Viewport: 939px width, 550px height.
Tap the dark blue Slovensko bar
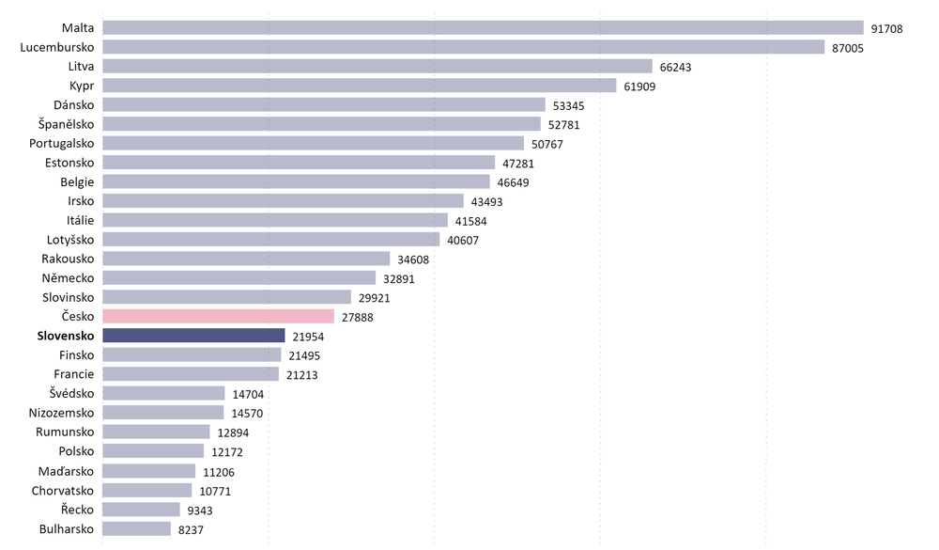click(193, 336)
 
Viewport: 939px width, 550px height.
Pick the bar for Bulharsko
click(136, 529)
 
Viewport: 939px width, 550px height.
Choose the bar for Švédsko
click(163, 394)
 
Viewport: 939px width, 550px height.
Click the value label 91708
click(886, 29)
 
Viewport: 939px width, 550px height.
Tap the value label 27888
click(357, 318)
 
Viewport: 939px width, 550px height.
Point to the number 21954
click(308, 337)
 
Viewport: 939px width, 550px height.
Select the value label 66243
click(675, 68)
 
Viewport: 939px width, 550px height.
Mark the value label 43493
click(486, 202)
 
